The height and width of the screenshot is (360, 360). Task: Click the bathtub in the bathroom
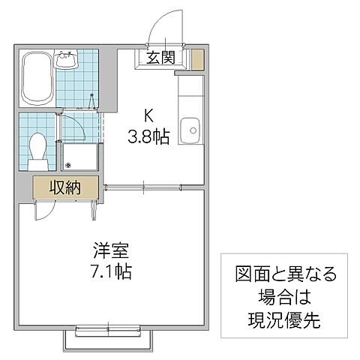(36, 78)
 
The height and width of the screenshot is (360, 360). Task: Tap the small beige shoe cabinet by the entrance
(197, 59)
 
